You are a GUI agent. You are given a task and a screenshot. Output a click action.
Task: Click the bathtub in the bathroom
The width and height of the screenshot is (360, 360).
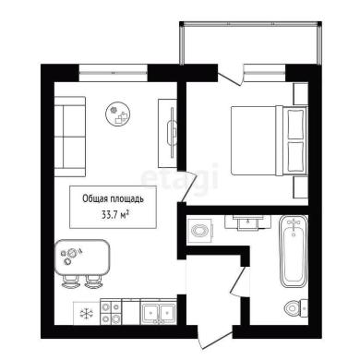coord(294,251)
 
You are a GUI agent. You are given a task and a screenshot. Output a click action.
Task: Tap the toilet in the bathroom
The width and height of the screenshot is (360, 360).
coord(296,307)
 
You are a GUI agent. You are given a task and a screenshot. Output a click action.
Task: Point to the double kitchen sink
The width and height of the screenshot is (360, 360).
coord(159,312)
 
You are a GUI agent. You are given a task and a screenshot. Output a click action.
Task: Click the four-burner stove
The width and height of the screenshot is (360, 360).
coord(111,312)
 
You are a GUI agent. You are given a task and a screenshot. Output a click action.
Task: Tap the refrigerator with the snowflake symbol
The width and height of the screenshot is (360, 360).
coord(87,313)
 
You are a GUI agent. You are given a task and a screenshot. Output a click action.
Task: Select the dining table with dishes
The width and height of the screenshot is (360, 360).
coord(82,258)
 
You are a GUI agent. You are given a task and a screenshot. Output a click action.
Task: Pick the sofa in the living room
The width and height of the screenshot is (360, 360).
coord(70,137)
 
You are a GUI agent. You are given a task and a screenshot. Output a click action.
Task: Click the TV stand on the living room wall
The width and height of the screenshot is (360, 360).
coord(168,133)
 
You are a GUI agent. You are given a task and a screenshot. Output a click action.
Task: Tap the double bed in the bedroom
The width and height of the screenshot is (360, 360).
coord(270,140)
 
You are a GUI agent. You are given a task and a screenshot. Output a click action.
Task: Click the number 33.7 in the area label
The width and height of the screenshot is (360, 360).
coord(108,214)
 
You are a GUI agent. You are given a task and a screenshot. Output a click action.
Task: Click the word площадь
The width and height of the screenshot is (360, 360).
coord(127,199)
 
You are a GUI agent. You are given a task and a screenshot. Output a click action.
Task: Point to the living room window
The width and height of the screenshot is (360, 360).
coord(114,73)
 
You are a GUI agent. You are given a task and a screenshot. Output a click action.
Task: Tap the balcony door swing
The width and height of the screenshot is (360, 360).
coord(231,76)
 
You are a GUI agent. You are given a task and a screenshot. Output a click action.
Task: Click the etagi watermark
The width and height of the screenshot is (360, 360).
coord(179,179)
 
